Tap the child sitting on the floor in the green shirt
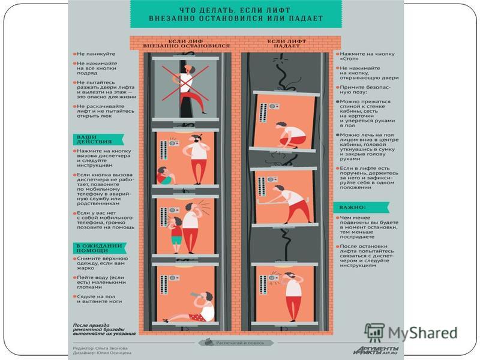coord(163,176)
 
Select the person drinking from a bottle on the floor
coord(195,306)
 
